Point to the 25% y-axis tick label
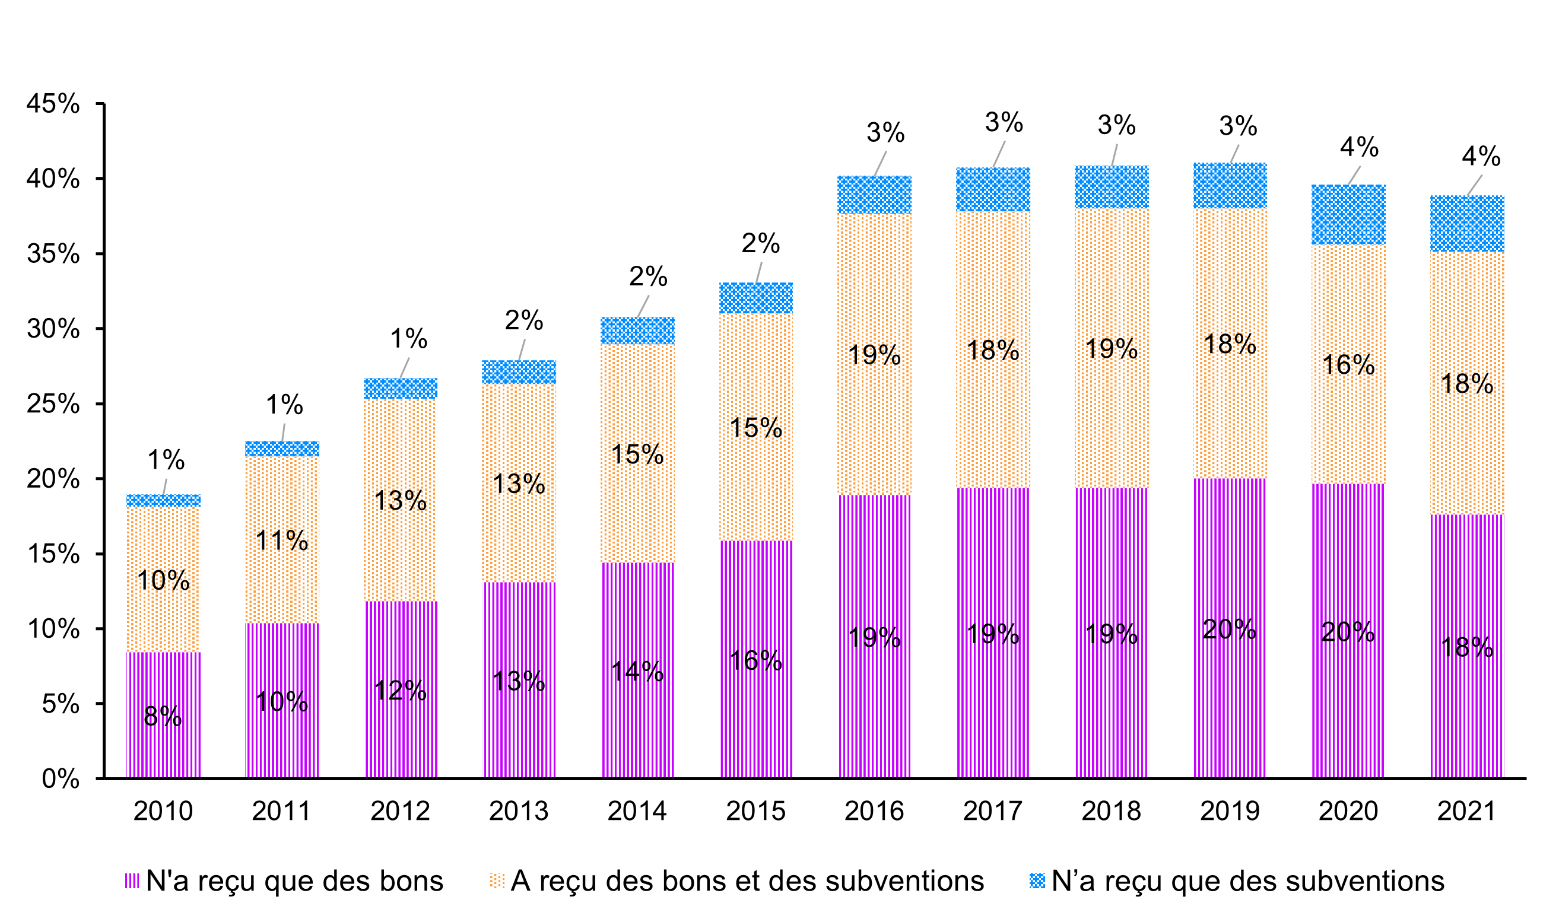coord(53,405)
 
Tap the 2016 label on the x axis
coord(874,812)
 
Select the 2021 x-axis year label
coord(1466,812)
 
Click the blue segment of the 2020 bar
coord(1348,214)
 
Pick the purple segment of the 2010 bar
coord(163,746)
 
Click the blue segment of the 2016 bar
coord(874,195)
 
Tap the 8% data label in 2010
coord(163,716)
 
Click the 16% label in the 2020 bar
coord(1348,365)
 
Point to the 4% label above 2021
coord(1481,157)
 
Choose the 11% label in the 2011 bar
coord(281,541)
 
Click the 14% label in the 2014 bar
coord(637,672)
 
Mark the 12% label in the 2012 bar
coord(400,691)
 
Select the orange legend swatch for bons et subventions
coord(497,881)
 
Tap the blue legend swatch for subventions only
coord(1037,881)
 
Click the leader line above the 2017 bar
coord(999,154)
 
